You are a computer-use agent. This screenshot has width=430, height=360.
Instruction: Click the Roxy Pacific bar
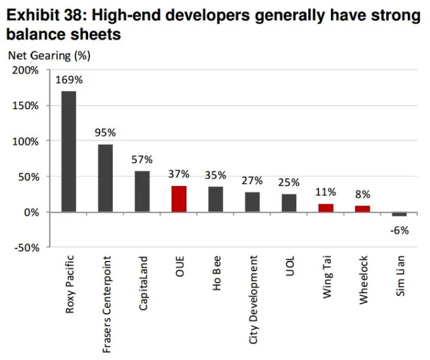[x=68, y=151]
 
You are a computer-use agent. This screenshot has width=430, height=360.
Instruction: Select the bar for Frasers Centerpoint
[x=105, y=178]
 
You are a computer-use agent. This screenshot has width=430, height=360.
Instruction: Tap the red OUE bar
[x=179, y=199]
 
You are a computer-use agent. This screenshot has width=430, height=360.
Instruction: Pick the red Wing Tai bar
[x=325, y=208]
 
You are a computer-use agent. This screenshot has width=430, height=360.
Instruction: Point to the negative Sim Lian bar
[x=399, y=215]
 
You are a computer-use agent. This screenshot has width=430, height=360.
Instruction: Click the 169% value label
[x=68, y=80]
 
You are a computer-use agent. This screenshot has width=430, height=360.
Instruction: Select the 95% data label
[x=105, y=133]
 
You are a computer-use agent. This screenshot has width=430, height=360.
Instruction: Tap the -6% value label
[x=400, y=230]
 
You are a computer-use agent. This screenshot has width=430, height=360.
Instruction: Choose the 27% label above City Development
[x=252, y=181]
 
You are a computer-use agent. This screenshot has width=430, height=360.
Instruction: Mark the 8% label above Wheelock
[x=363, y=194]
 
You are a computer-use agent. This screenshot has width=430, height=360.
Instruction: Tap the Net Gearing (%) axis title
[x=49, y=55]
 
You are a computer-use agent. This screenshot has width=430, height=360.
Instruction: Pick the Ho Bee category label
[x=216, y=274]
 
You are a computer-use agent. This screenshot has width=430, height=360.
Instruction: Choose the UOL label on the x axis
[x=290, y=267]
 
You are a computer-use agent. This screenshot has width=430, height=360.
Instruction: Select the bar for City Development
[x=252, y=201]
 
